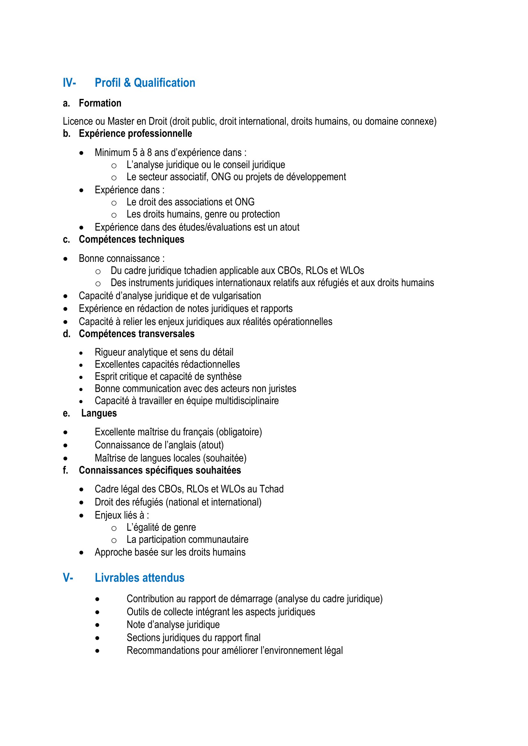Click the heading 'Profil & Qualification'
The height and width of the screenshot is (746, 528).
click(x=145, y=83)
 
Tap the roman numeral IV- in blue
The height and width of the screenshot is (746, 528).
click(x=69, y=83)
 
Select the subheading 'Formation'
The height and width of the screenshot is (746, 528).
click(x=100, y=103)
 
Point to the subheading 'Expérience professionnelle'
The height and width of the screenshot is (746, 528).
click(x=135, y=134)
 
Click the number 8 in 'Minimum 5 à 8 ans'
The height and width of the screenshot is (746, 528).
click(x=149, y=152)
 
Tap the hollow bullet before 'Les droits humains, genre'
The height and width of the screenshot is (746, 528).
click(x=114, y=215)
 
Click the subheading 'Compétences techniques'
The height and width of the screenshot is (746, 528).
click(x=131, y=239)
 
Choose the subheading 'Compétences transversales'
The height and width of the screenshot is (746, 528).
click(x=137, y=334)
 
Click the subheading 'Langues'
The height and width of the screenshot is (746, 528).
click(x=99, y=413)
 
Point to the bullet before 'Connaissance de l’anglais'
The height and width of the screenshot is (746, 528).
click(x=66, y=446)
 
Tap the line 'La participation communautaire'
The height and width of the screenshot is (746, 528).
click(x=187, y=539)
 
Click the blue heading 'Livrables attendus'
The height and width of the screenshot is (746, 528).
click(x=140, y=578)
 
